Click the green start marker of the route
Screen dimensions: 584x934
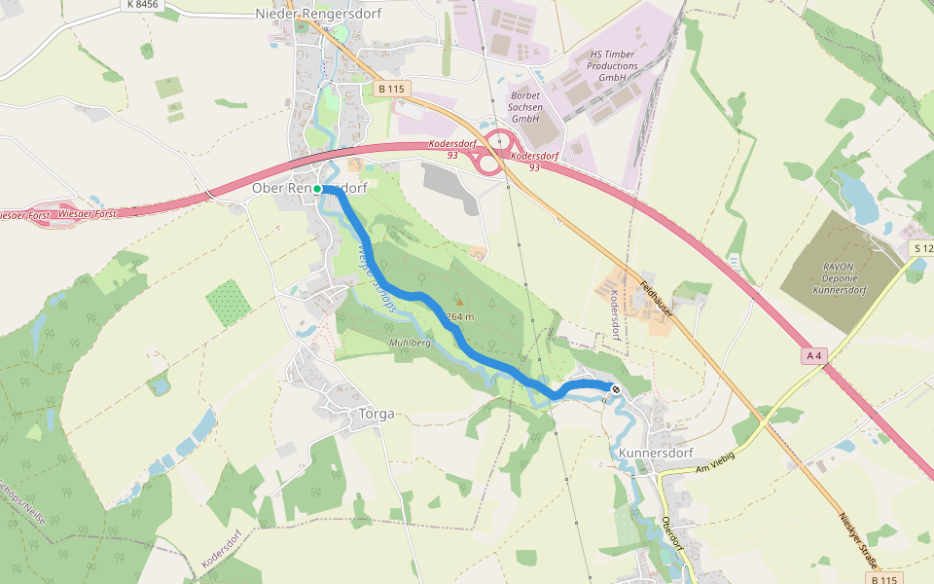317,189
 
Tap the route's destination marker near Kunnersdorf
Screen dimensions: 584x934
615,389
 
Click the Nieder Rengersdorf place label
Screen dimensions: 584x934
318,14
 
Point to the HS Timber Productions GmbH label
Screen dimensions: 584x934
613,65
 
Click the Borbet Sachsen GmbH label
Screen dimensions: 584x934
525,107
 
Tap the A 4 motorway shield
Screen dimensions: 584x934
814,356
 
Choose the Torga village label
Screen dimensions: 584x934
377,414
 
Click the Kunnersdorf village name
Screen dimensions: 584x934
655,453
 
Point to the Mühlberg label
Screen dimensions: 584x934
410,344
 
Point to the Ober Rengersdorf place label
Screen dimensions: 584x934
308,188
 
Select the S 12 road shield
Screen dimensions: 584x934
921,249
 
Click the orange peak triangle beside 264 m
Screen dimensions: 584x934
459,302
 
